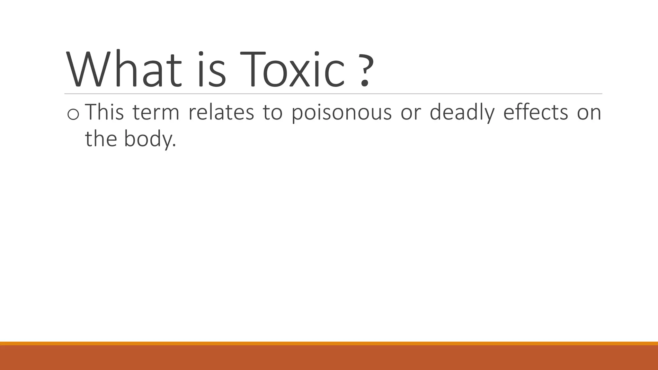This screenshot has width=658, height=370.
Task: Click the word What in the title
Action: pyautogui.click(x=124, y=69)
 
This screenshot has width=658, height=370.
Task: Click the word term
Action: pyautogui.click(x=156, y=113)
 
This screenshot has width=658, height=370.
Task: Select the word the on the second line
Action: pyautogui.click(x=101, y=139)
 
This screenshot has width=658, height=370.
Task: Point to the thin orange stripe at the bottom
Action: pyautogui.click(x=329, y=343)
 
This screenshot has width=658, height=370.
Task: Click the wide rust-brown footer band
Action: pyautogui.click(x=329, y=357)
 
